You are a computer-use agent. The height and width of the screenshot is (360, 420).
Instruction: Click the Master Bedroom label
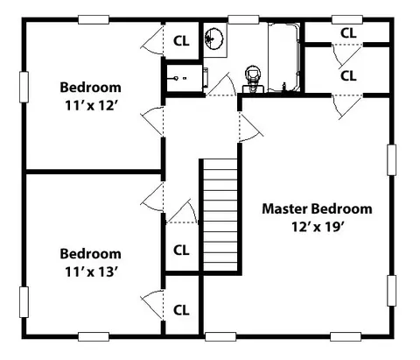point(317,209)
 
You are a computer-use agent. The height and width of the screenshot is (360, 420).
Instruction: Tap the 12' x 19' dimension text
point(317,227)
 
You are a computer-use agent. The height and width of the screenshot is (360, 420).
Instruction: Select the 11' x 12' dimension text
point(91,106)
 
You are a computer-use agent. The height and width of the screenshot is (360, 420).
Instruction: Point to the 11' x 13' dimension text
point(91,272)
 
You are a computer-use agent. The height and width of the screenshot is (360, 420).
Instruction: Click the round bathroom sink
point(213,39)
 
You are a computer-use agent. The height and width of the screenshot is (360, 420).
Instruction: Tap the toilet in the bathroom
point(253,79)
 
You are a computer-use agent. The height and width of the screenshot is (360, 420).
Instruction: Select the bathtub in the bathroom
point(283,58)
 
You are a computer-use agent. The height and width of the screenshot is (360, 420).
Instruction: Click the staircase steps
point(220,215)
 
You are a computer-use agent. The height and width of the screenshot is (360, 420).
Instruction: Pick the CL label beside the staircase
point(181,251)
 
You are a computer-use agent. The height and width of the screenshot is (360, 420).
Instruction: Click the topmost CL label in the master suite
point(348,33)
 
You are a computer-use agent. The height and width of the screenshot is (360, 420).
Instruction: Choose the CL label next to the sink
point(181,41)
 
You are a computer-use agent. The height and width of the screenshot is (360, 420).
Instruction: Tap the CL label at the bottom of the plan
point(181,310)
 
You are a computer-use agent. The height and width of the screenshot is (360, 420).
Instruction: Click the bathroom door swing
point(221,85)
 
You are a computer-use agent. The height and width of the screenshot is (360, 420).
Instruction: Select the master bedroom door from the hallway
point(250,128)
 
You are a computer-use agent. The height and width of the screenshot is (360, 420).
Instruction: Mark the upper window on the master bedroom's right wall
point(391,160)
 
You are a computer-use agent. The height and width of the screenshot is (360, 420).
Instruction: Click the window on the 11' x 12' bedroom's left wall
point(24,87)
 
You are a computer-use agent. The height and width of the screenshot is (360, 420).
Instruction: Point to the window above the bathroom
point(243,20)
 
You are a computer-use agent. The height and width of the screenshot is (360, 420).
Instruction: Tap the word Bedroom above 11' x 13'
point(90,254)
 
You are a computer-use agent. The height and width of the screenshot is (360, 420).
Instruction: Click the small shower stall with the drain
point(184,78)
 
